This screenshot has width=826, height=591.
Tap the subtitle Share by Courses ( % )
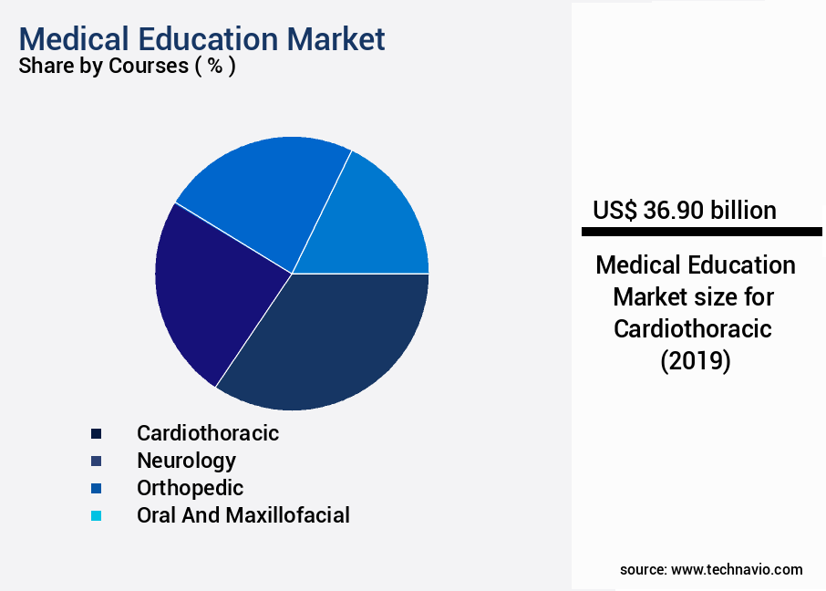[127, 67]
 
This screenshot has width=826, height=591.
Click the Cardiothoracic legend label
[208, 433]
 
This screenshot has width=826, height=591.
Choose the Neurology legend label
[186, 461]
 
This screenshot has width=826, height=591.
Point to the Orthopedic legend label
[190, 488]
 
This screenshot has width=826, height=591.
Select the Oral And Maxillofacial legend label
[243, 515]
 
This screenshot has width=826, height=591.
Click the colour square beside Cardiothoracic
[97, 434]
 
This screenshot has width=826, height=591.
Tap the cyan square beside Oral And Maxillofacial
[97, 516]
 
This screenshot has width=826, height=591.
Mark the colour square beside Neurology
[97, 461]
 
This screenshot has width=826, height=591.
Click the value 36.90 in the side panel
[672, 211]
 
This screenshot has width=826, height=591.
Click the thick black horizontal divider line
[701, 233]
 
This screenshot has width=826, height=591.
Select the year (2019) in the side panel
[695, 361]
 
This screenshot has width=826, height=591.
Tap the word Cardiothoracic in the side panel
[693, 329]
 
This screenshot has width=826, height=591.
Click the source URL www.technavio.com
[737, 569]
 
